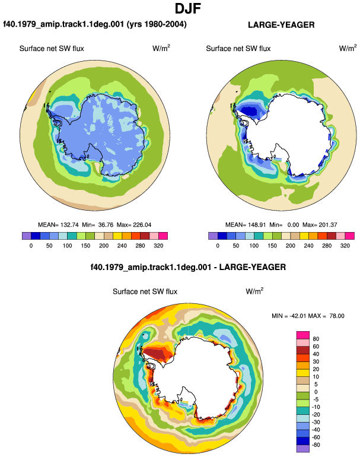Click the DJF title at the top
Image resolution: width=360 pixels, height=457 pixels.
point(188,8)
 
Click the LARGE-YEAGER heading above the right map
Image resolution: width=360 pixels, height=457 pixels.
point(281,25)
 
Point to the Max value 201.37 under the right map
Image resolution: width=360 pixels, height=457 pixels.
point(327,225)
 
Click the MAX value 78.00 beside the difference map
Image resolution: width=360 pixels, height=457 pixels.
point(337,316)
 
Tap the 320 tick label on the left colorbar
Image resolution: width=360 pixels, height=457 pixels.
point(158,246)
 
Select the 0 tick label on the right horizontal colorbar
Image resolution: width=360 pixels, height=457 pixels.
point(218,246)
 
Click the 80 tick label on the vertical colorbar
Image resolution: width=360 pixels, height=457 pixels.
point(316,339)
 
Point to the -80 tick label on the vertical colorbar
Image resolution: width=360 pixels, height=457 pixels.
point(315,445)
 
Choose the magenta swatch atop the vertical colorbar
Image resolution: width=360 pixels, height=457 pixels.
point(303,335)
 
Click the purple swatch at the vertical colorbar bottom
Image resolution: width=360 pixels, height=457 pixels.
point(303,449)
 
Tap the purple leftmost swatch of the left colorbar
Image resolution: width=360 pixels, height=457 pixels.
point(27,236)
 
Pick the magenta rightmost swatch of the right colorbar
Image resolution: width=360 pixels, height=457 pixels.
point(350,236)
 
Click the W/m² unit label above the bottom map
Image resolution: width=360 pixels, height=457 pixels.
point(254,291)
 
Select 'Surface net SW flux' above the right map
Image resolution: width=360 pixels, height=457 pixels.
point(238,49)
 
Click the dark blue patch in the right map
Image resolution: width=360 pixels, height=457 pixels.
point(249,111)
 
